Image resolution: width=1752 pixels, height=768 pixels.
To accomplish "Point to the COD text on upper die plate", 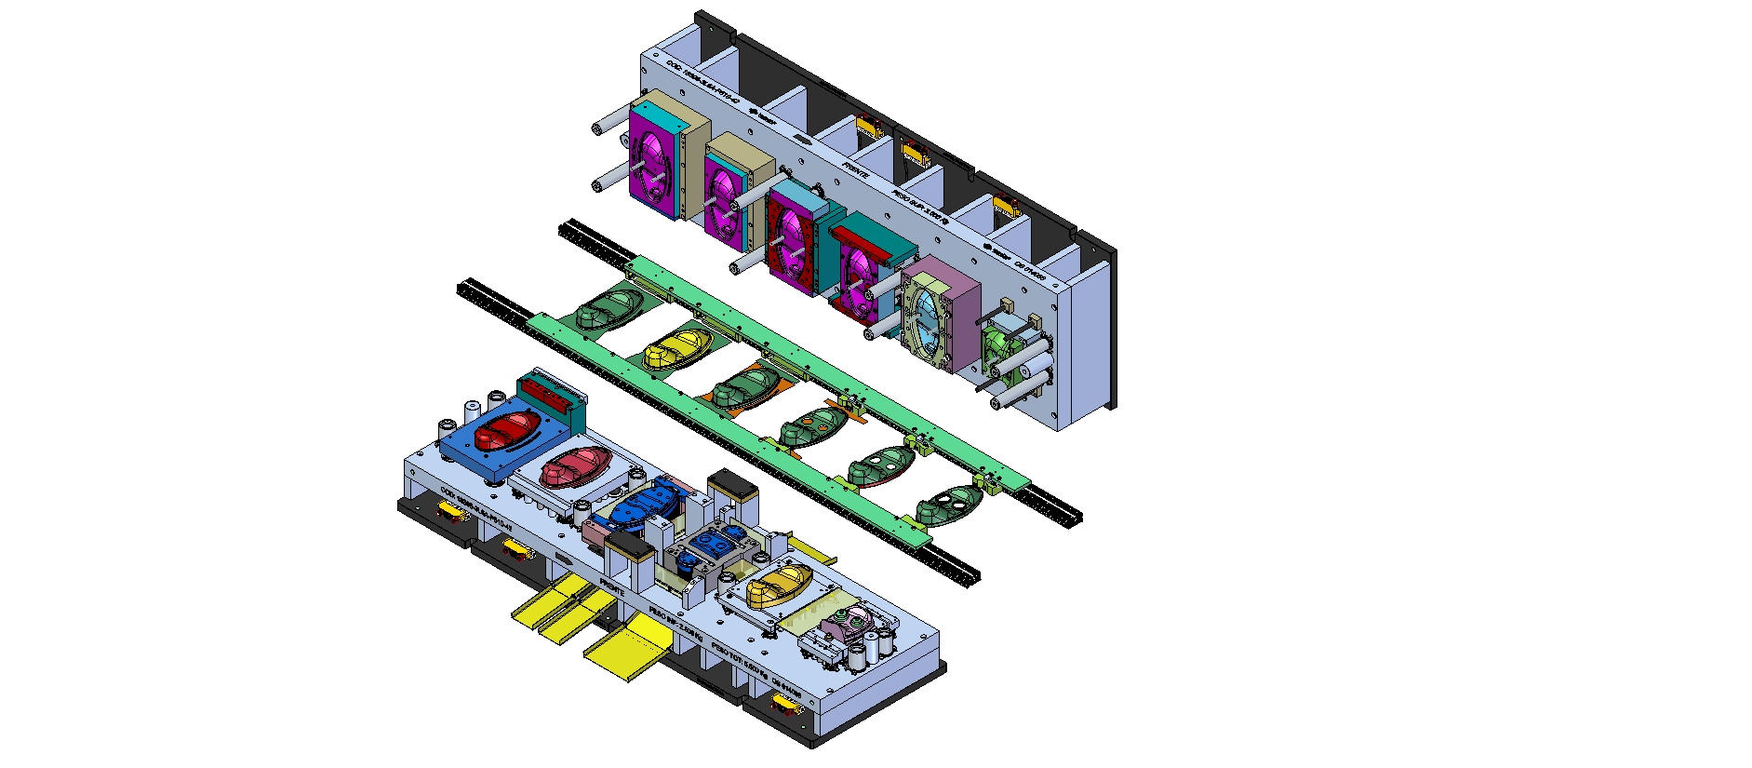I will (x=702, y=83).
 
